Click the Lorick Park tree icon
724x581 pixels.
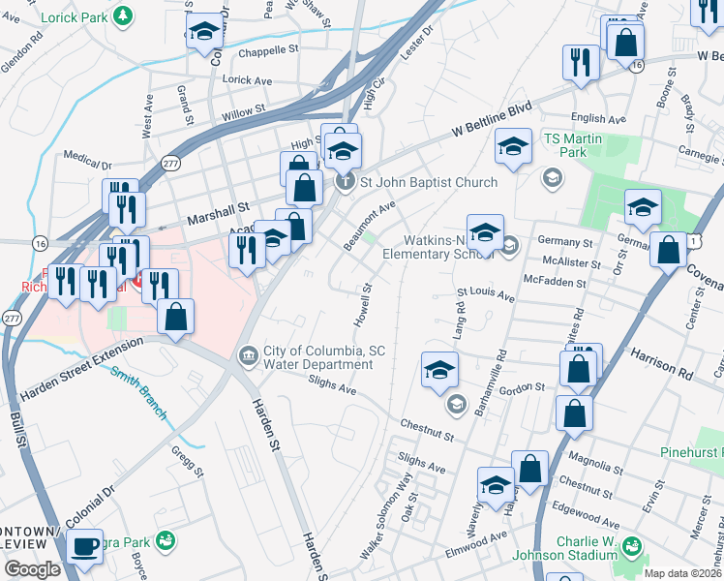coord(122,15)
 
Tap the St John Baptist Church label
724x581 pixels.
coord(428,182)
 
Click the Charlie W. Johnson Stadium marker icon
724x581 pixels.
coord(632,548)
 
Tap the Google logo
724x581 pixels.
coord(32,569)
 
